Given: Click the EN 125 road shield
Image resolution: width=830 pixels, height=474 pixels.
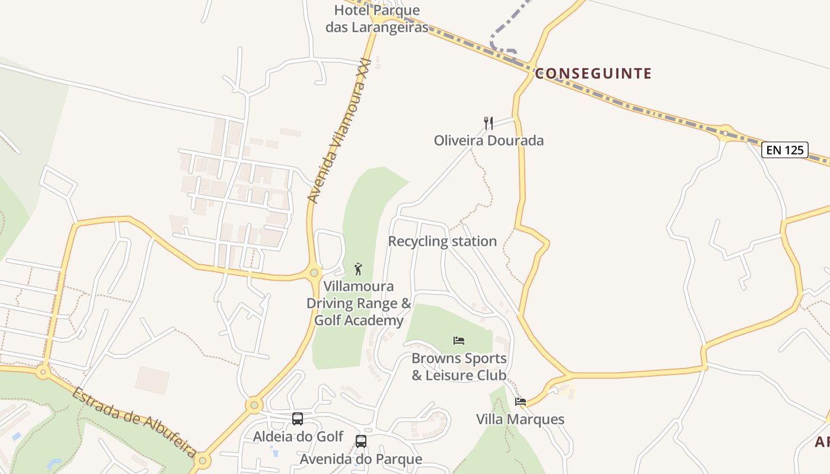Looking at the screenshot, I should pos(785,150).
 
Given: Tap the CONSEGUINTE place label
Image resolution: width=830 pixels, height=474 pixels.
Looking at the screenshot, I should pos(593,73).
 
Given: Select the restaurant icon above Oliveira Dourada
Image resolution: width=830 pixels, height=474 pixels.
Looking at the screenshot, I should pos(489,123).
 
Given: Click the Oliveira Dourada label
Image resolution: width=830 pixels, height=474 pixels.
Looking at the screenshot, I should pos(489,141).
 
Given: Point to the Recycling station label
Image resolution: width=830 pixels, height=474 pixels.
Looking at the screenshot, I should pos(442,241).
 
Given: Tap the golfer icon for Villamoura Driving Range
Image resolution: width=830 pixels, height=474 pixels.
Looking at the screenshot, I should pos(358,270).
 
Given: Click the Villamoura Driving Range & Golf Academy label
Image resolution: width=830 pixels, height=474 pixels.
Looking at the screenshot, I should pos(358,303).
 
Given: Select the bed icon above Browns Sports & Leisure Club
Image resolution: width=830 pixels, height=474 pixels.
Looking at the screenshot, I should pos(459,341).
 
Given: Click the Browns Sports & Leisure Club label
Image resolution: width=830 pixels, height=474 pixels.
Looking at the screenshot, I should pos(459,367).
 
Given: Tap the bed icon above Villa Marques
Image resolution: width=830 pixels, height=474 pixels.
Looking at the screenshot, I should pos(521,402).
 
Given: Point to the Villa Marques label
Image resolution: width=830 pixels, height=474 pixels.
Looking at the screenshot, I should pos(520,419).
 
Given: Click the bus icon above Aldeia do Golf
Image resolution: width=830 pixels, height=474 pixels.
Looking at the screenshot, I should pos(298,419).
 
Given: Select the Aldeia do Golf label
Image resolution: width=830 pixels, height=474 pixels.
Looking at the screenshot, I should pos(298,437).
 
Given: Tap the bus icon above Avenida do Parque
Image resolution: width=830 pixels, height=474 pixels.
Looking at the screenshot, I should pos(360,441).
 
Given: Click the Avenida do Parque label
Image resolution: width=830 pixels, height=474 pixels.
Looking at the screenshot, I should pos(360,459).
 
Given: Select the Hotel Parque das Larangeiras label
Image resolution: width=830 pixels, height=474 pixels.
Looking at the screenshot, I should pos(377,19).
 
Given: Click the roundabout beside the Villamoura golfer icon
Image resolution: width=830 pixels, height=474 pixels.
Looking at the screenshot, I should pos(314,273).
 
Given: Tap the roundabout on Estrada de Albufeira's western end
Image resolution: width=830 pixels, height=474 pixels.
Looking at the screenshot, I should pos(43,373).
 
